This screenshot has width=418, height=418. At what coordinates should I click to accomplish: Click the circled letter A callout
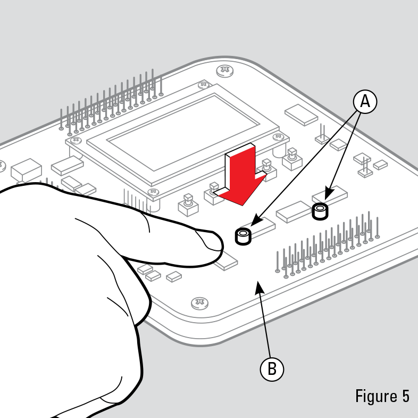(x=365, y=102)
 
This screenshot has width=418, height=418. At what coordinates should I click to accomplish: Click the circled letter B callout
(x=272, y=369)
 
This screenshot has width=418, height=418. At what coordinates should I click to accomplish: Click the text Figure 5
(x=382, y=396)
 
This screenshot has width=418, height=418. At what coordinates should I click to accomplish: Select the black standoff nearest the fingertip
(x=243, y=236)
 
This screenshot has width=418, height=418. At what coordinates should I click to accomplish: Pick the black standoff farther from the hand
(x=320, y=211)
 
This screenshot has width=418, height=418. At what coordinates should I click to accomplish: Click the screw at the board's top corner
(x=224, y=71)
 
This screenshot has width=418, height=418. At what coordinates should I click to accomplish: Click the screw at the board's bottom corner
(x=200, y=303)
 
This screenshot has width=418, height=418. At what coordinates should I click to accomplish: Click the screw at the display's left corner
(x=76, y=140)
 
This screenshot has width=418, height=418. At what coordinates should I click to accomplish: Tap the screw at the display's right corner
(x=278, y=137)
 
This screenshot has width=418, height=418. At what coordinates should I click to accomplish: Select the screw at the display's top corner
(x=203, y=85)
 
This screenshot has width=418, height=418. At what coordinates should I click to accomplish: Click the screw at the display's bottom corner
(x=153, y=192)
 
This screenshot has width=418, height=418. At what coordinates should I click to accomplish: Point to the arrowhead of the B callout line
(x=259, y=287)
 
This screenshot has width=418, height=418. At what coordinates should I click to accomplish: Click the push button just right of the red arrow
(x=266, y=169)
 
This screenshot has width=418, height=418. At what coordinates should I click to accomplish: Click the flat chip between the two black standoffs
(x=293, y=211)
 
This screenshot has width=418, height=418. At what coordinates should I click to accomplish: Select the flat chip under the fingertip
(x=226, y=261)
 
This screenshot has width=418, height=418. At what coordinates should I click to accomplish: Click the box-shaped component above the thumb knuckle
(x=26, y=170)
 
